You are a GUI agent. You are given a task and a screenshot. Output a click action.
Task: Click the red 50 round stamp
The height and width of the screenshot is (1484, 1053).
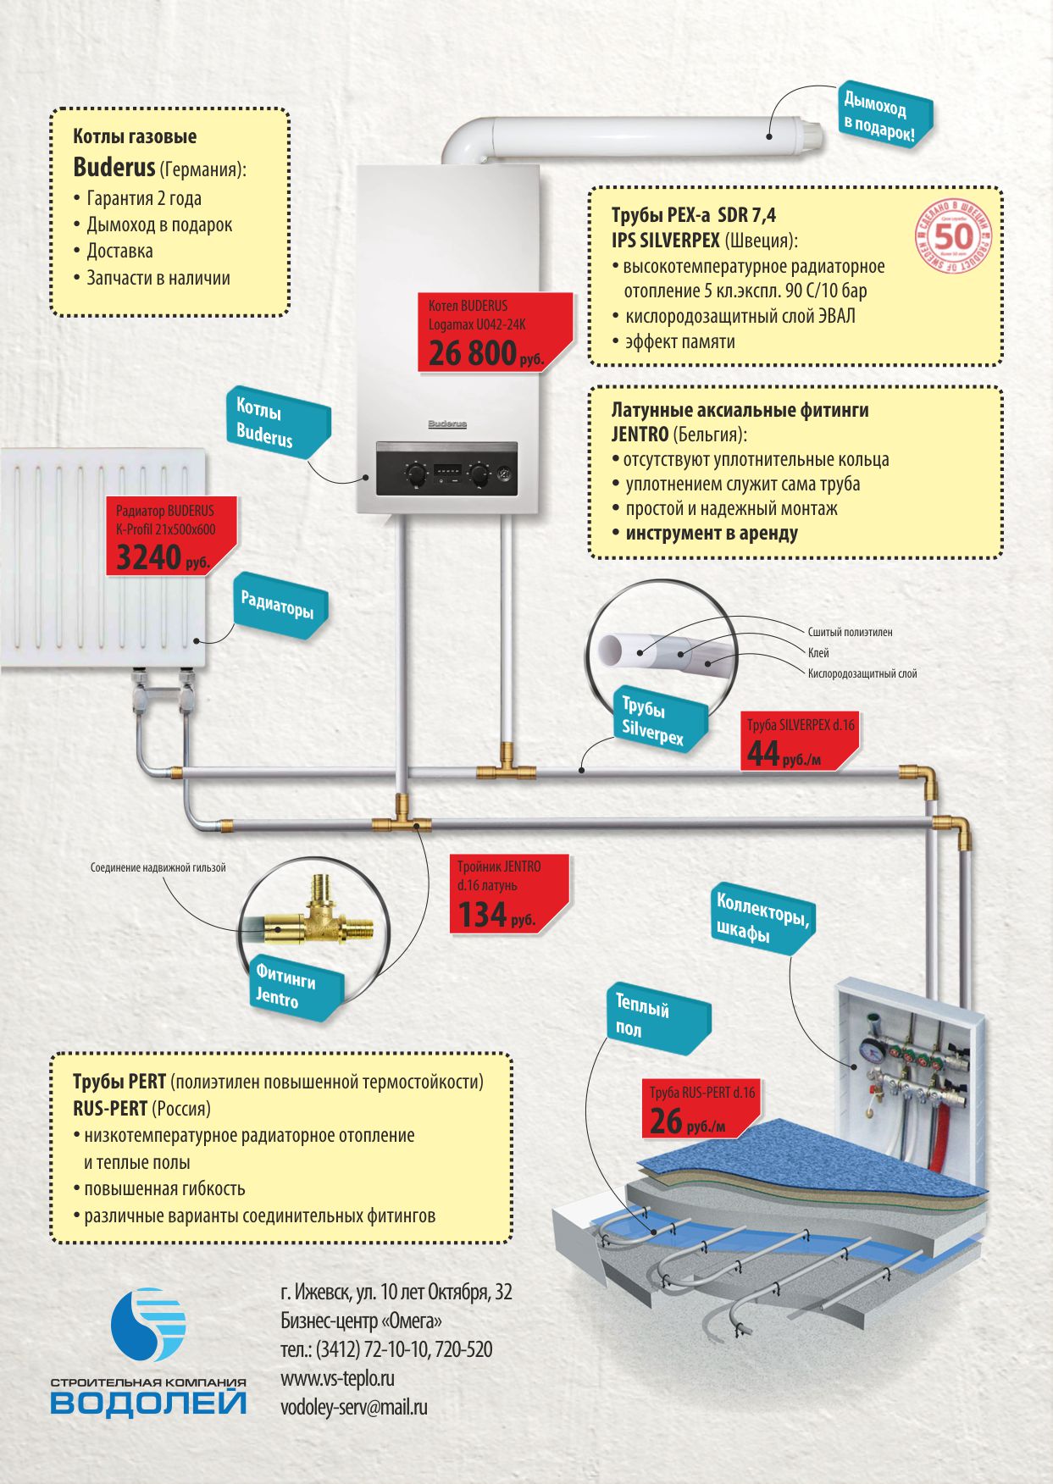[953, 236]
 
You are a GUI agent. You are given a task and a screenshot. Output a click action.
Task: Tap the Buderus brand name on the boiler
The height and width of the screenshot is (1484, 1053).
[446, 424]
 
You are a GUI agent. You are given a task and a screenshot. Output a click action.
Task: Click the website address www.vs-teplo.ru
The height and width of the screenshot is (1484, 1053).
[337, 1378]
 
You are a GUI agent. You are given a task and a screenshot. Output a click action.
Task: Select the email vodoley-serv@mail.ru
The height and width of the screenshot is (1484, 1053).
[353, 1407]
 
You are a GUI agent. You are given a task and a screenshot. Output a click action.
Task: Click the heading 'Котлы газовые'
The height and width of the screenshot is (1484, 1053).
[135, 136]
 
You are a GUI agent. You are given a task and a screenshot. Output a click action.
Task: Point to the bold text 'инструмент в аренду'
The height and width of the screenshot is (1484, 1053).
[711, 534]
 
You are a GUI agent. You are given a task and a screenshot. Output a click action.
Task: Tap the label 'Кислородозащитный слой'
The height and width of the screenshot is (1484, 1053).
[862, 673]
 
